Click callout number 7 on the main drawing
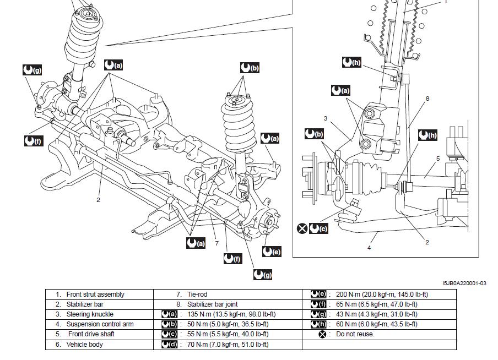point(217,243)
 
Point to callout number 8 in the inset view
point(427,99)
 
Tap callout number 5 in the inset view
point(437,159)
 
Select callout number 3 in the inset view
point(326,118)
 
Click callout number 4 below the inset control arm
point(369,248)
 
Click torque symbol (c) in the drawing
point(318,228)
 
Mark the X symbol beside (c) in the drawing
point(302,228)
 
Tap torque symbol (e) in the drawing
point(272,252)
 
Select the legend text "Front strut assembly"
point(95,294)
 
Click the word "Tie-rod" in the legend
point(197,294)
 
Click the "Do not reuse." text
point(355,334)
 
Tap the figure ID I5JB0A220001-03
point(464,283)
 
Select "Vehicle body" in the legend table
point(84,345)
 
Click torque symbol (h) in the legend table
point(319,324)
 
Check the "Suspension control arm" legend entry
point(100,324)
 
